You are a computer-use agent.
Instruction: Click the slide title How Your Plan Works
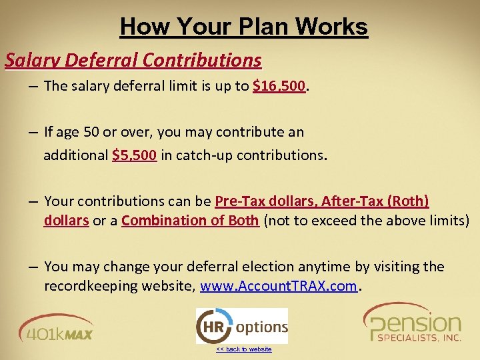tap(243, 27)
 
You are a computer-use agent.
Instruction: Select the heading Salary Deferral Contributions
tap(133, 60)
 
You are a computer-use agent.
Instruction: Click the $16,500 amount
tap(279, 85)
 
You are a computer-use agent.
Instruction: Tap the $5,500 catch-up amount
tap(135, 155)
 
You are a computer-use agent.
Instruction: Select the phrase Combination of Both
tap(190, 221)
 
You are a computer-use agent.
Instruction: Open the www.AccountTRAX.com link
tap(279, 287)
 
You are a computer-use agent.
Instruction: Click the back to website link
tap(243, 349)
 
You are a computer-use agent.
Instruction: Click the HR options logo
tap(242, 326)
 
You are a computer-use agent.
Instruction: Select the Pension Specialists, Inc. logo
tap(413, 323)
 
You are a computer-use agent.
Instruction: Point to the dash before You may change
tap(33, 267)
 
